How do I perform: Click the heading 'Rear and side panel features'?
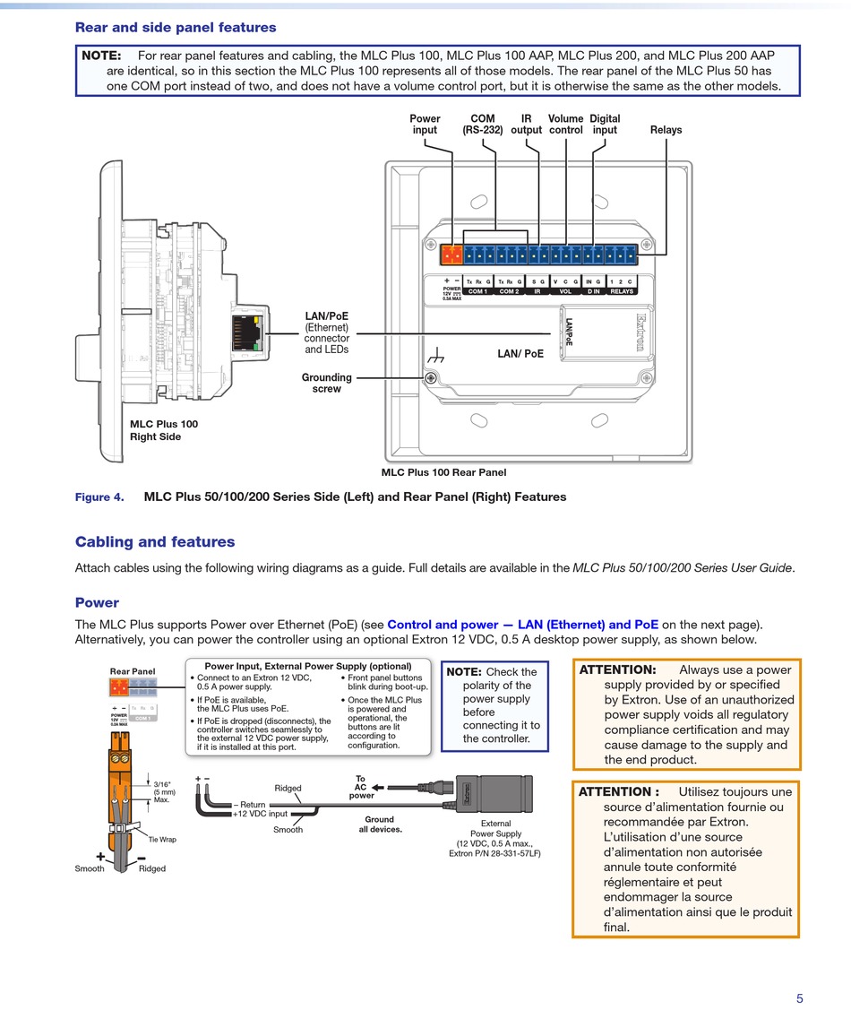(176, 28)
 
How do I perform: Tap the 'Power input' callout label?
(425, 125)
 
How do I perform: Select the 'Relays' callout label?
(666, 130)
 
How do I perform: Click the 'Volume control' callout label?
(565, 125)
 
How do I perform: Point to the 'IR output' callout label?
(526, 125)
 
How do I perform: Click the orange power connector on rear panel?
(452, 255)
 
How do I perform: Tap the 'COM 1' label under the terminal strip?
(477, 291)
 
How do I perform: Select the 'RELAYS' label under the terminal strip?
(621, 291)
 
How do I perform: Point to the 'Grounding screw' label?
(326, 384)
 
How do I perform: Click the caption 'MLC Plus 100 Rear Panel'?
(443, 472)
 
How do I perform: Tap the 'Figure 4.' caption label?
(99, 497)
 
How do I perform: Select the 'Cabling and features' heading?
(155, 542)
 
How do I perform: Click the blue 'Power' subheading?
(97, 603)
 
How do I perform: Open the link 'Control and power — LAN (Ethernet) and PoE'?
(522, 625)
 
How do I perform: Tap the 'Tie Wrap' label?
(162, 840)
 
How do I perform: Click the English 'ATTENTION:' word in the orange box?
(617, 669)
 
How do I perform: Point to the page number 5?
(799, 999)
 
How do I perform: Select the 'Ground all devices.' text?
(379, 824)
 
